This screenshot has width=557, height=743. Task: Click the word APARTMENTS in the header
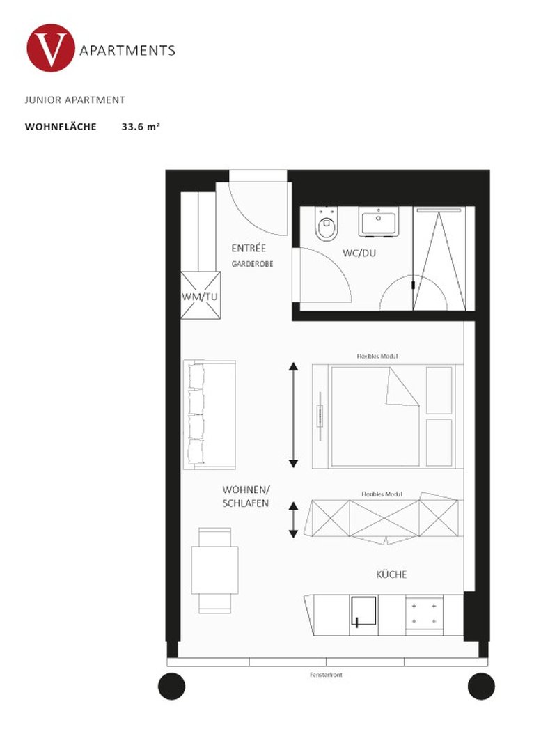tap(127, 50)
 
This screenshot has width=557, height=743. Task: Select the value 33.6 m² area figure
tap(141, 127)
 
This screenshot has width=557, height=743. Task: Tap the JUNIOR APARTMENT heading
tap(75, 100)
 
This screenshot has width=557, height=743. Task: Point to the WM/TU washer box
tap(201, 295)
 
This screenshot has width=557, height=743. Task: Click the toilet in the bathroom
tap(326, 226)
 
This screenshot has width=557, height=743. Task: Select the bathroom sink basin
tap(378, 223)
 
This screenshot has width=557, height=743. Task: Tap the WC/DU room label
tap(359, 253)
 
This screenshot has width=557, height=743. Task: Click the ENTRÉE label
tap(249, 248)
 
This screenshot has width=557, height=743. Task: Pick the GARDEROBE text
tap(252, 264)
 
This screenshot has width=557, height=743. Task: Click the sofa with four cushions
tap(208, 414)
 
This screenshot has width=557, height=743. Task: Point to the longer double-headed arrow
tap(294, 415)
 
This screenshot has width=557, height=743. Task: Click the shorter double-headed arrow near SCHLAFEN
tap(294, 519)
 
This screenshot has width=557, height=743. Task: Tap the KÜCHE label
tap(391, 574)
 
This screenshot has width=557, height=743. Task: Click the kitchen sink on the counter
tap(363, 613)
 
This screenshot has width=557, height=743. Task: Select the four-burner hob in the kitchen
tap(424, 613)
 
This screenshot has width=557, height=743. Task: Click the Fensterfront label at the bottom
tap(327, 675)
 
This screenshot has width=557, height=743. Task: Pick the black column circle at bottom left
tap(171, 686)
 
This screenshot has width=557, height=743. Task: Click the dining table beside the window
tap(215, 570)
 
